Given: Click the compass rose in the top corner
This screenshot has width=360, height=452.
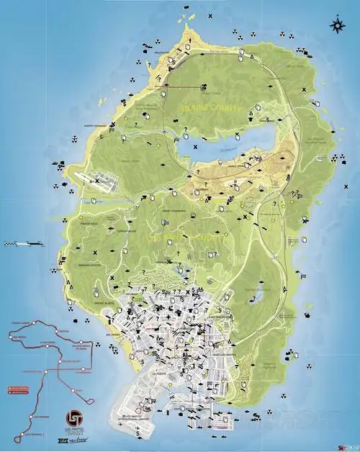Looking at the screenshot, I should [x=336, y=26].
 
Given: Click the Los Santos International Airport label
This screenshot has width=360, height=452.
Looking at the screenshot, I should [x=139, y=418].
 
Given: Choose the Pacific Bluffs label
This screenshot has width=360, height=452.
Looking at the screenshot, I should [x=105, y=303].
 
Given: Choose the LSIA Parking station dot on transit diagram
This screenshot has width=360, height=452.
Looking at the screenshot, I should [x=32, y=417].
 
